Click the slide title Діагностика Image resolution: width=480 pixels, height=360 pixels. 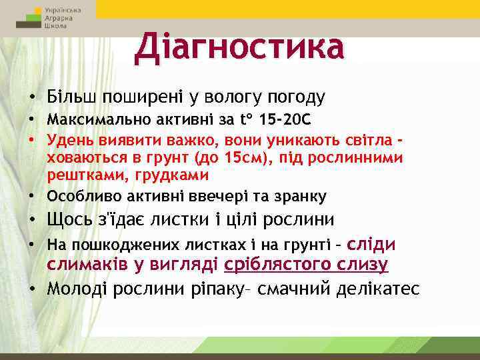[x=239, y=47]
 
